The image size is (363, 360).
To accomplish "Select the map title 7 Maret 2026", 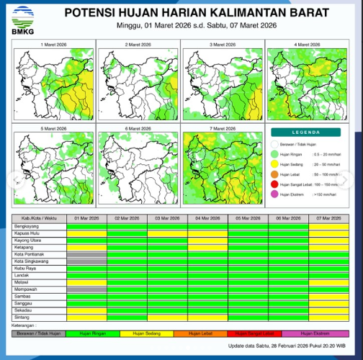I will (222, 128).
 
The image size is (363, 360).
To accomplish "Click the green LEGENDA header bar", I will (306, 132).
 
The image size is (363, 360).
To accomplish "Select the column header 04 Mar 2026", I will (207, 218).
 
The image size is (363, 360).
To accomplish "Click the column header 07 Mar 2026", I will (328, 218).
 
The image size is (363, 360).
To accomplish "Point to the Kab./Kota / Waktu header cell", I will (39, 218).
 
